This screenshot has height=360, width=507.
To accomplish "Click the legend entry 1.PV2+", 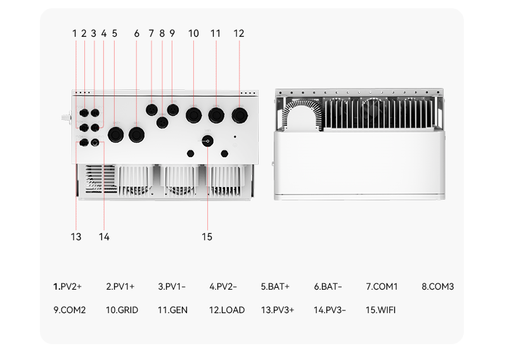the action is pos(67,286).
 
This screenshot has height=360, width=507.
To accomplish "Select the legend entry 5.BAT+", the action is pos(275,286).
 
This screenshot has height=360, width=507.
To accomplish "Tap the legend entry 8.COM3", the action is pos(437,286).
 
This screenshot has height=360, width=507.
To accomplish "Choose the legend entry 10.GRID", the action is pos(122,310).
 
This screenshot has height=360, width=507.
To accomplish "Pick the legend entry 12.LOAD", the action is pos(227,310).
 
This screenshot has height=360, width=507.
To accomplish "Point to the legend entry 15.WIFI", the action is pos(381,310).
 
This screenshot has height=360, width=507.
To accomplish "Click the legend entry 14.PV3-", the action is pos(330,310).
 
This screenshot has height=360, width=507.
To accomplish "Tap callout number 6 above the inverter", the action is pos(136,34).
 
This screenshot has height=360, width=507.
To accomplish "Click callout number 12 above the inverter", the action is pos(239,34).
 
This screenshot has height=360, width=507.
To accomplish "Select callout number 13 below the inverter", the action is pos(76,237).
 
